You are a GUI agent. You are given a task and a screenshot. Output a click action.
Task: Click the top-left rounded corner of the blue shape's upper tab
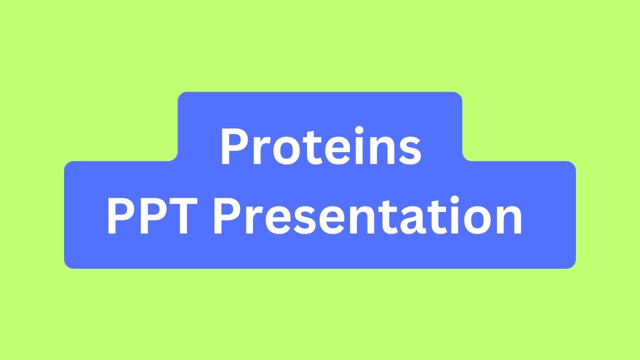click(181, 95)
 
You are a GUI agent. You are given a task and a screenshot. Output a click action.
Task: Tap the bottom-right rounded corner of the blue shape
click(572, 265)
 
